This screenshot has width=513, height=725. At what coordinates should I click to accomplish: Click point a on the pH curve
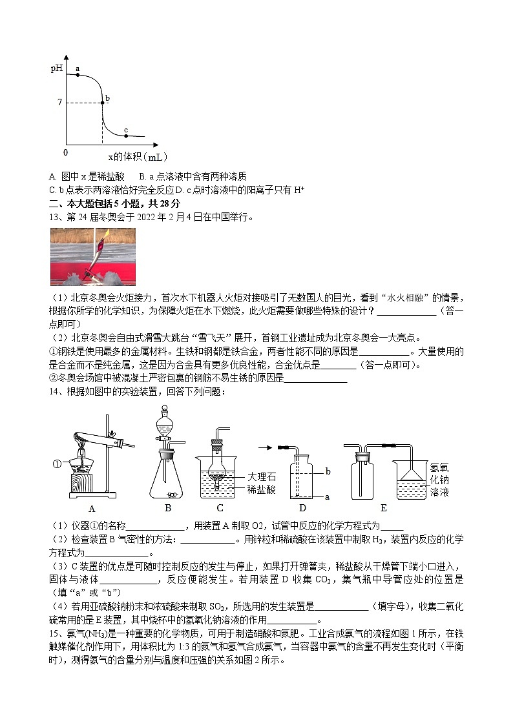78,75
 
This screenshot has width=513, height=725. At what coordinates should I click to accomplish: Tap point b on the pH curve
102,103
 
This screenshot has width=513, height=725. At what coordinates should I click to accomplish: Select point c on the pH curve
125,136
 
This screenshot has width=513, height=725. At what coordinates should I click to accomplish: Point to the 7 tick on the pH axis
59,103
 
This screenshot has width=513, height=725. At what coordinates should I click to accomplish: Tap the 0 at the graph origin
65,152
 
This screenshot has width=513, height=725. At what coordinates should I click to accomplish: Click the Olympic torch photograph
93,257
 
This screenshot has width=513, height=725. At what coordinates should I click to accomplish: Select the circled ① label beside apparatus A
56,463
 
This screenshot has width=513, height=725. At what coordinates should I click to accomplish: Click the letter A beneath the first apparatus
92,508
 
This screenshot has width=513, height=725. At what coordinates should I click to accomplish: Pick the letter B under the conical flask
167,508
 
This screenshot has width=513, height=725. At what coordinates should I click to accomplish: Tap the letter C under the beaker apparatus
220,508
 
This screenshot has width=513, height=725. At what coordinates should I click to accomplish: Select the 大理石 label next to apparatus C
261,476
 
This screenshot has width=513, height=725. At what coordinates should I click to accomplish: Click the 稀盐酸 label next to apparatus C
261,490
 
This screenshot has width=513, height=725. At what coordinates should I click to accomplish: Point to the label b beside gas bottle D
328,472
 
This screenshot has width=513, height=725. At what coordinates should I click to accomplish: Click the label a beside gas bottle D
327,496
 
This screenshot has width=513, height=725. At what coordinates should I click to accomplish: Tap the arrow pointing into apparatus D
265,446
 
